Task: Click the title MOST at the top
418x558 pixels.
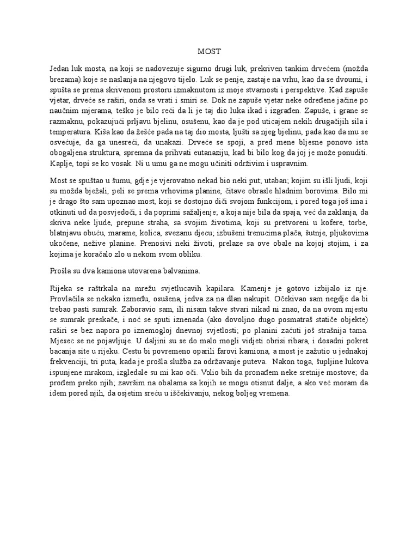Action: pos(208,51)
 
